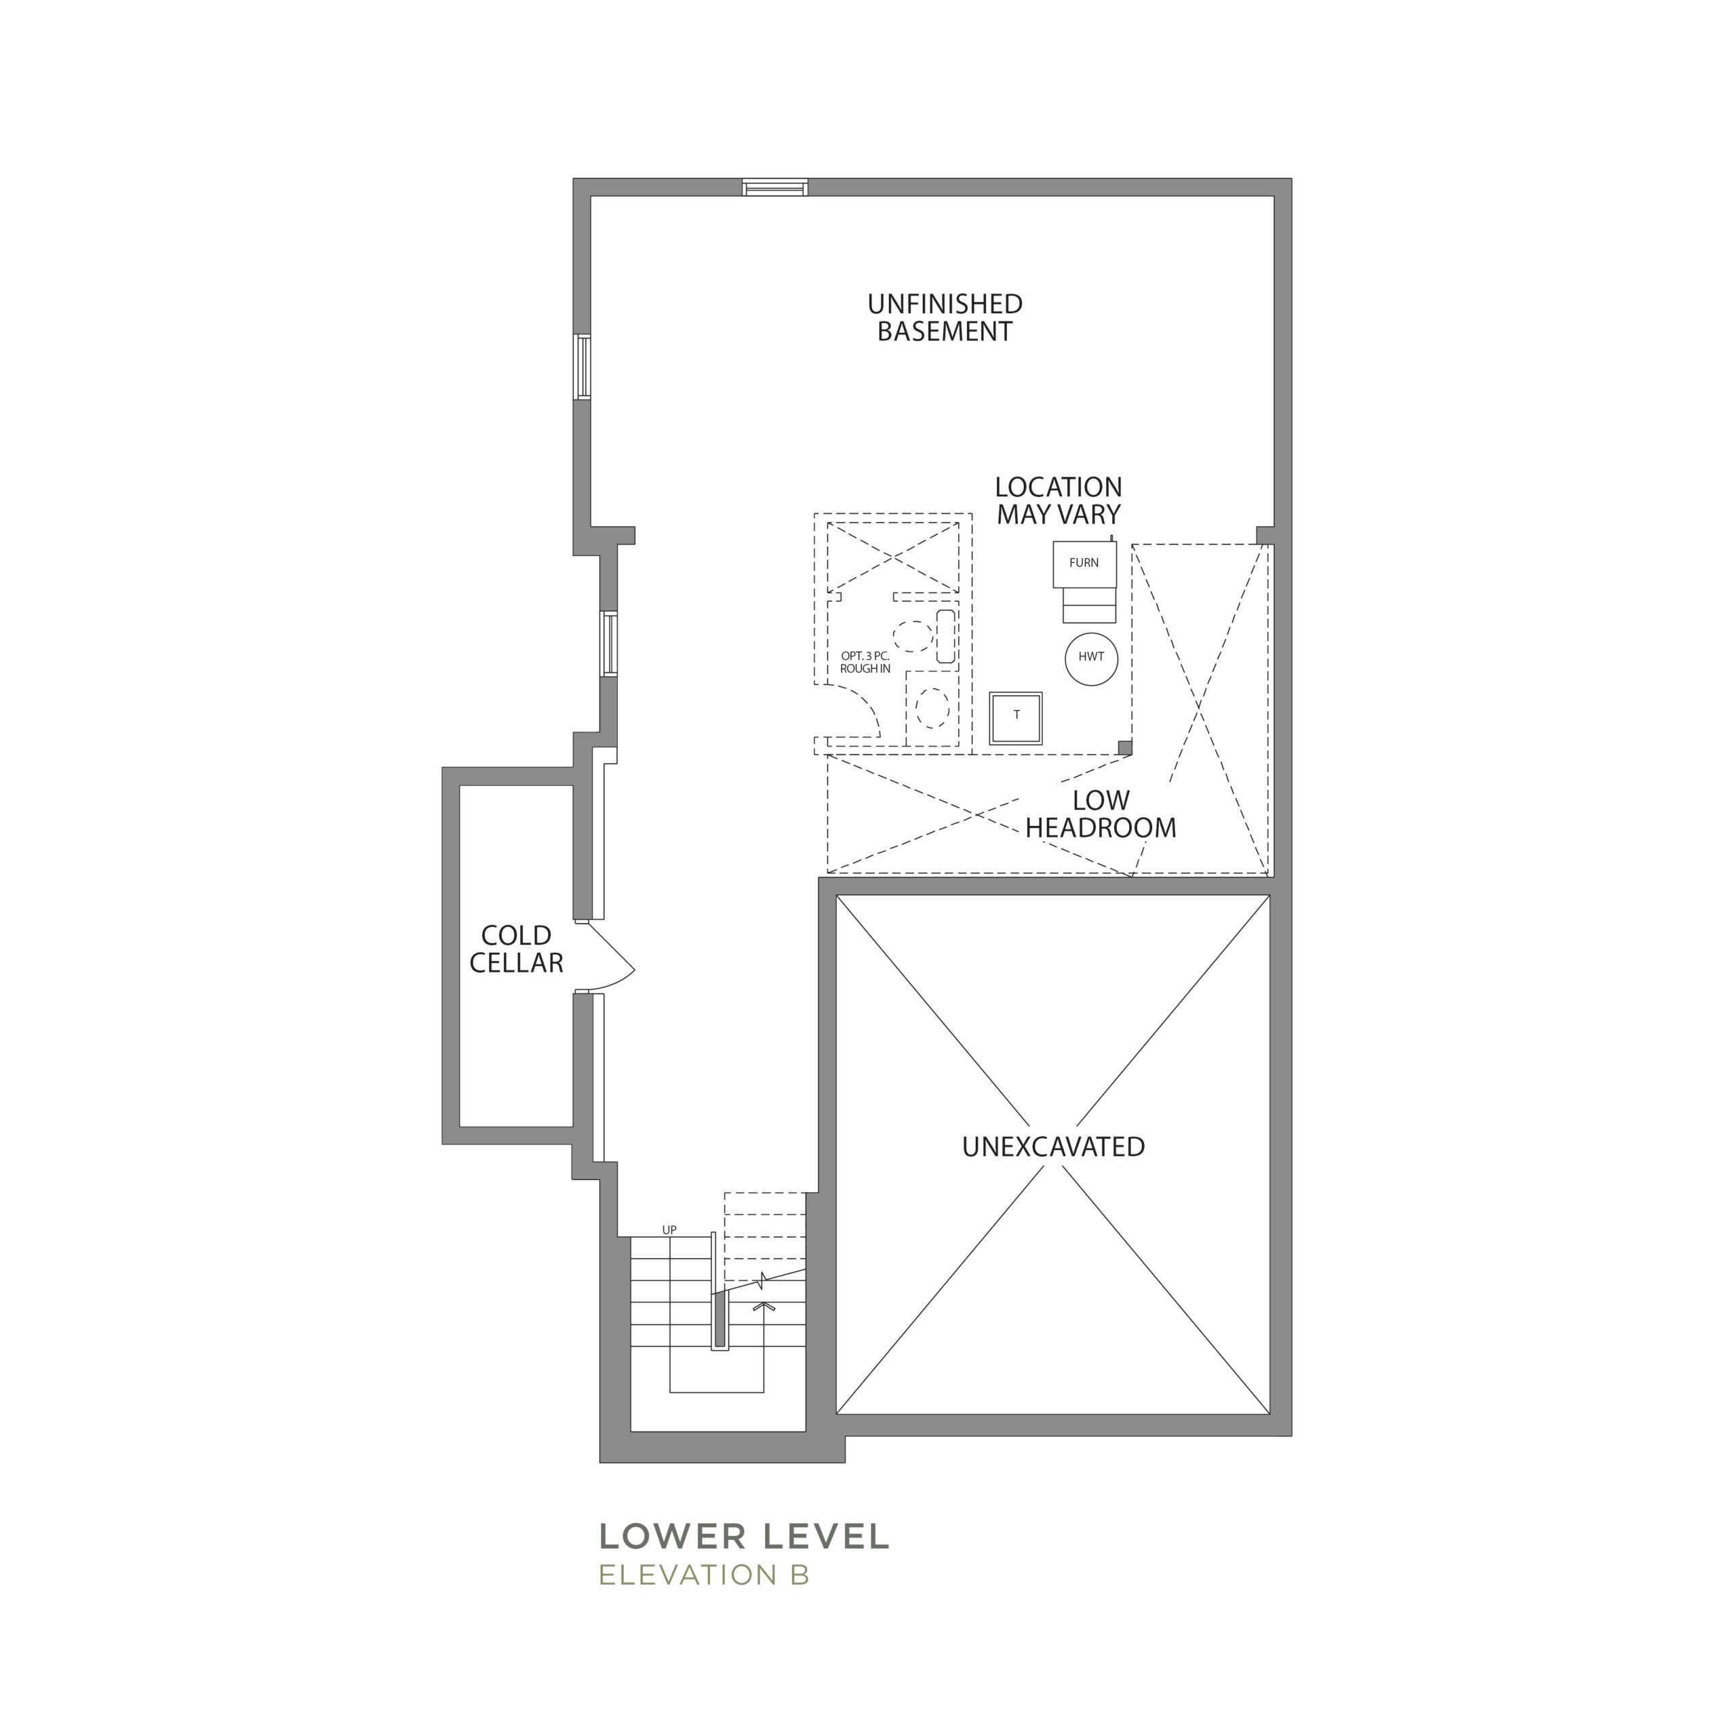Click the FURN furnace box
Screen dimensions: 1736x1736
1084,564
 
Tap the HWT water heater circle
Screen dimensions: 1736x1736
1091,658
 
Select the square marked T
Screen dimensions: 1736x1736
1015,718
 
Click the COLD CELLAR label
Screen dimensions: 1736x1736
516,949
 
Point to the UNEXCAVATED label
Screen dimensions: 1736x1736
1053,1147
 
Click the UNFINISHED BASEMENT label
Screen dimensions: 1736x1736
945,317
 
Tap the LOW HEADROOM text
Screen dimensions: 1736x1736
1101,814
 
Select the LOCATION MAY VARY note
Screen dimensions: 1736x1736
1059,500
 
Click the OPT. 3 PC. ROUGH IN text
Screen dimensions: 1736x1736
865,663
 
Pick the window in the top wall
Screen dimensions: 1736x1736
774,188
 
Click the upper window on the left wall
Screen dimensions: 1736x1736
583,367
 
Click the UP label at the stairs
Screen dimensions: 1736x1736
669,1230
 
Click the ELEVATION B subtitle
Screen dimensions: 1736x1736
705,1575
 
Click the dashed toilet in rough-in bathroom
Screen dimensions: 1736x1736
932,708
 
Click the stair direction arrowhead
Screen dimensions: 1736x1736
764,1305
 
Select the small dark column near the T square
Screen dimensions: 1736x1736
1124,747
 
